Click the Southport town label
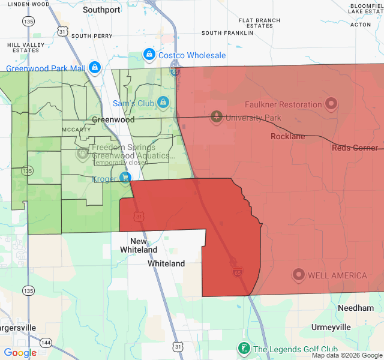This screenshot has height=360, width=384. pyautogui.click(x=101, y=10)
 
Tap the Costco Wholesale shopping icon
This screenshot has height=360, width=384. pyautogui.click(x=149, y=55)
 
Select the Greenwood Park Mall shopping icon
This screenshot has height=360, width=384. pyautogui.click(x=95, y=67)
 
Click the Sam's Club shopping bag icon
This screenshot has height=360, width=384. pyautogui.click(x=163, y=103)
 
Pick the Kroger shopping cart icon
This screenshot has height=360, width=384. pyautogui.click(x=125, y=178)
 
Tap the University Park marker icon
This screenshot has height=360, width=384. pyautogui.click(x=216, y=116)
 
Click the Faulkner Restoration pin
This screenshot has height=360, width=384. pyautogui.click(x=331, y=104)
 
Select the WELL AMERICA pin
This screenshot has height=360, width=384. pyautogui.click(x=298, y=275)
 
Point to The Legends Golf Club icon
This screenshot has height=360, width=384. pyautogui.click(x=244, y=349)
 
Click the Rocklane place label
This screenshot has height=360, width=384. pyautogui.click(x=287, y=136)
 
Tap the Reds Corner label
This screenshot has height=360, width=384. pyautogui.click(x=355, y=148)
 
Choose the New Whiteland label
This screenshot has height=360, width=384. pyautogui.click(x=139, y=245)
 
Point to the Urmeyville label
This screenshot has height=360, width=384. pyautogui.click(x=331, y=327)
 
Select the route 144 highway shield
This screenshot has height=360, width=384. pyautogui.click(x=47, y=341)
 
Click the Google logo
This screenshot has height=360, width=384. pyautogui.click(x=20, y=353)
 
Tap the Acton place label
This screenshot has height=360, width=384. pyautogui.click(x=360, y=25)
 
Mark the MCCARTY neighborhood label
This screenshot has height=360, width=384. pyautogui.click(x=76, y=130)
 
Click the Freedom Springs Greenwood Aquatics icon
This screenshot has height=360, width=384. pyautogui.click(x=82, y=154)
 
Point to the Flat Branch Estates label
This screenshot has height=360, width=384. pyautogui.click(x=259, y=23)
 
